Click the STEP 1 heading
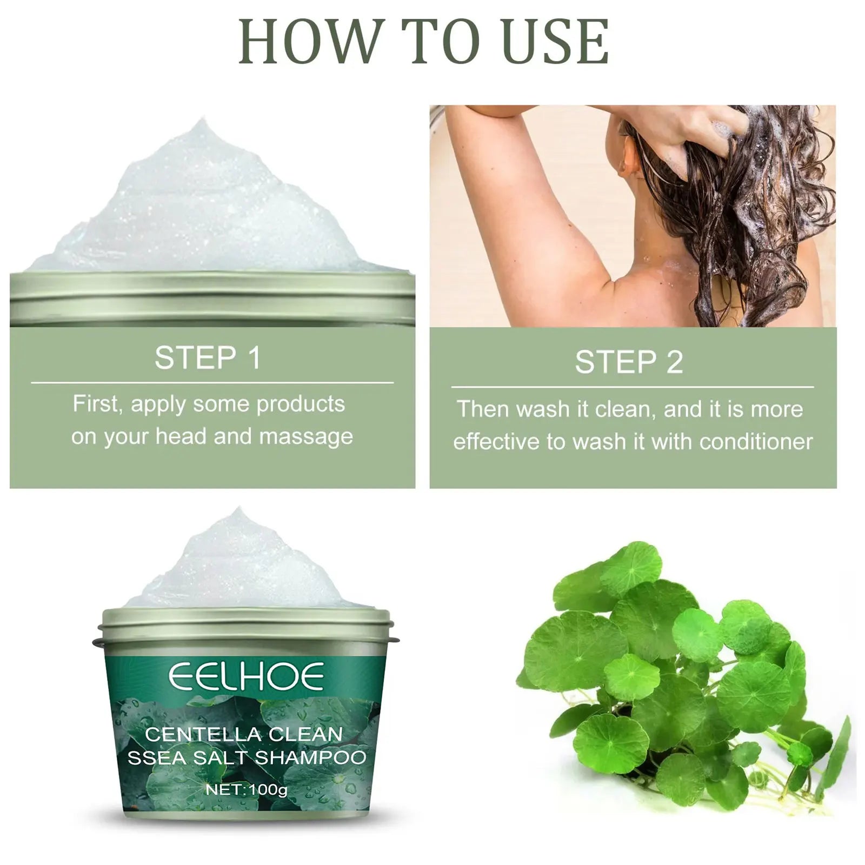click(208, 358)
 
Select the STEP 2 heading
click(629, 362)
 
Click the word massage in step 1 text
click(306, 437)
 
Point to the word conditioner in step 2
click(756, 442)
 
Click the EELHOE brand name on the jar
click(246, 677)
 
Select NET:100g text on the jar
click(247, 789)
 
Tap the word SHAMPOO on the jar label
click(310, 757)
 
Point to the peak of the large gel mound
click(203, 123)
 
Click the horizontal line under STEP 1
click(212, 383)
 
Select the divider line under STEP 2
click(633, 387)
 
